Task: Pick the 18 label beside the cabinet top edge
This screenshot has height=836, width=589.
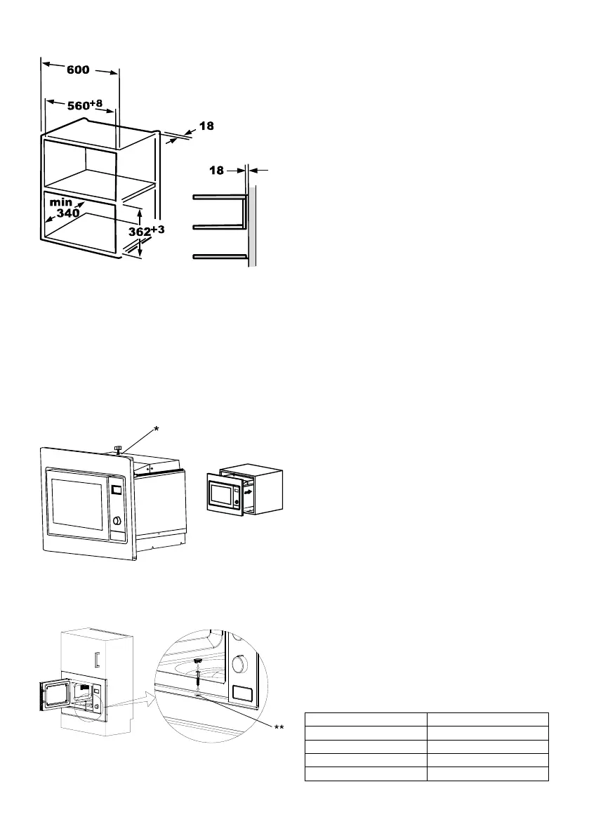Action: tap(206, 126)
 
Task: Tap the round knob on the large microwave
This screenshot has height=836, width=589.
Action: tap(117, 521)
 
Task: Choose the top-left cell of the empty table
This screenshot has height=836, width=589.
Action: tap(366, 719)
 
